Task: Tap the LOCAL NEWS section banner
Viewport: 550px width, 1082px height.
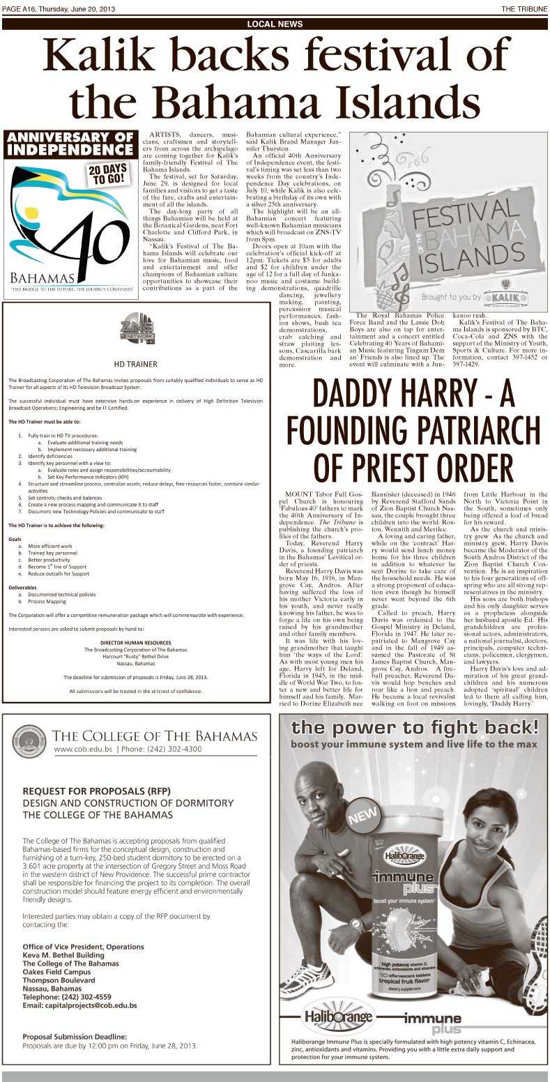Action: click(x=275, y=24)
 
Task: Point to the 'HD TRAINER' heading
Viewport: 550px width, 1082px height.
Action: click(x=135, y=363)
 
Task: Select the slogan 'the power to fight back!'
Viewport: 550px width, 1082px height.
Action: click(x=414, y=729)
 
